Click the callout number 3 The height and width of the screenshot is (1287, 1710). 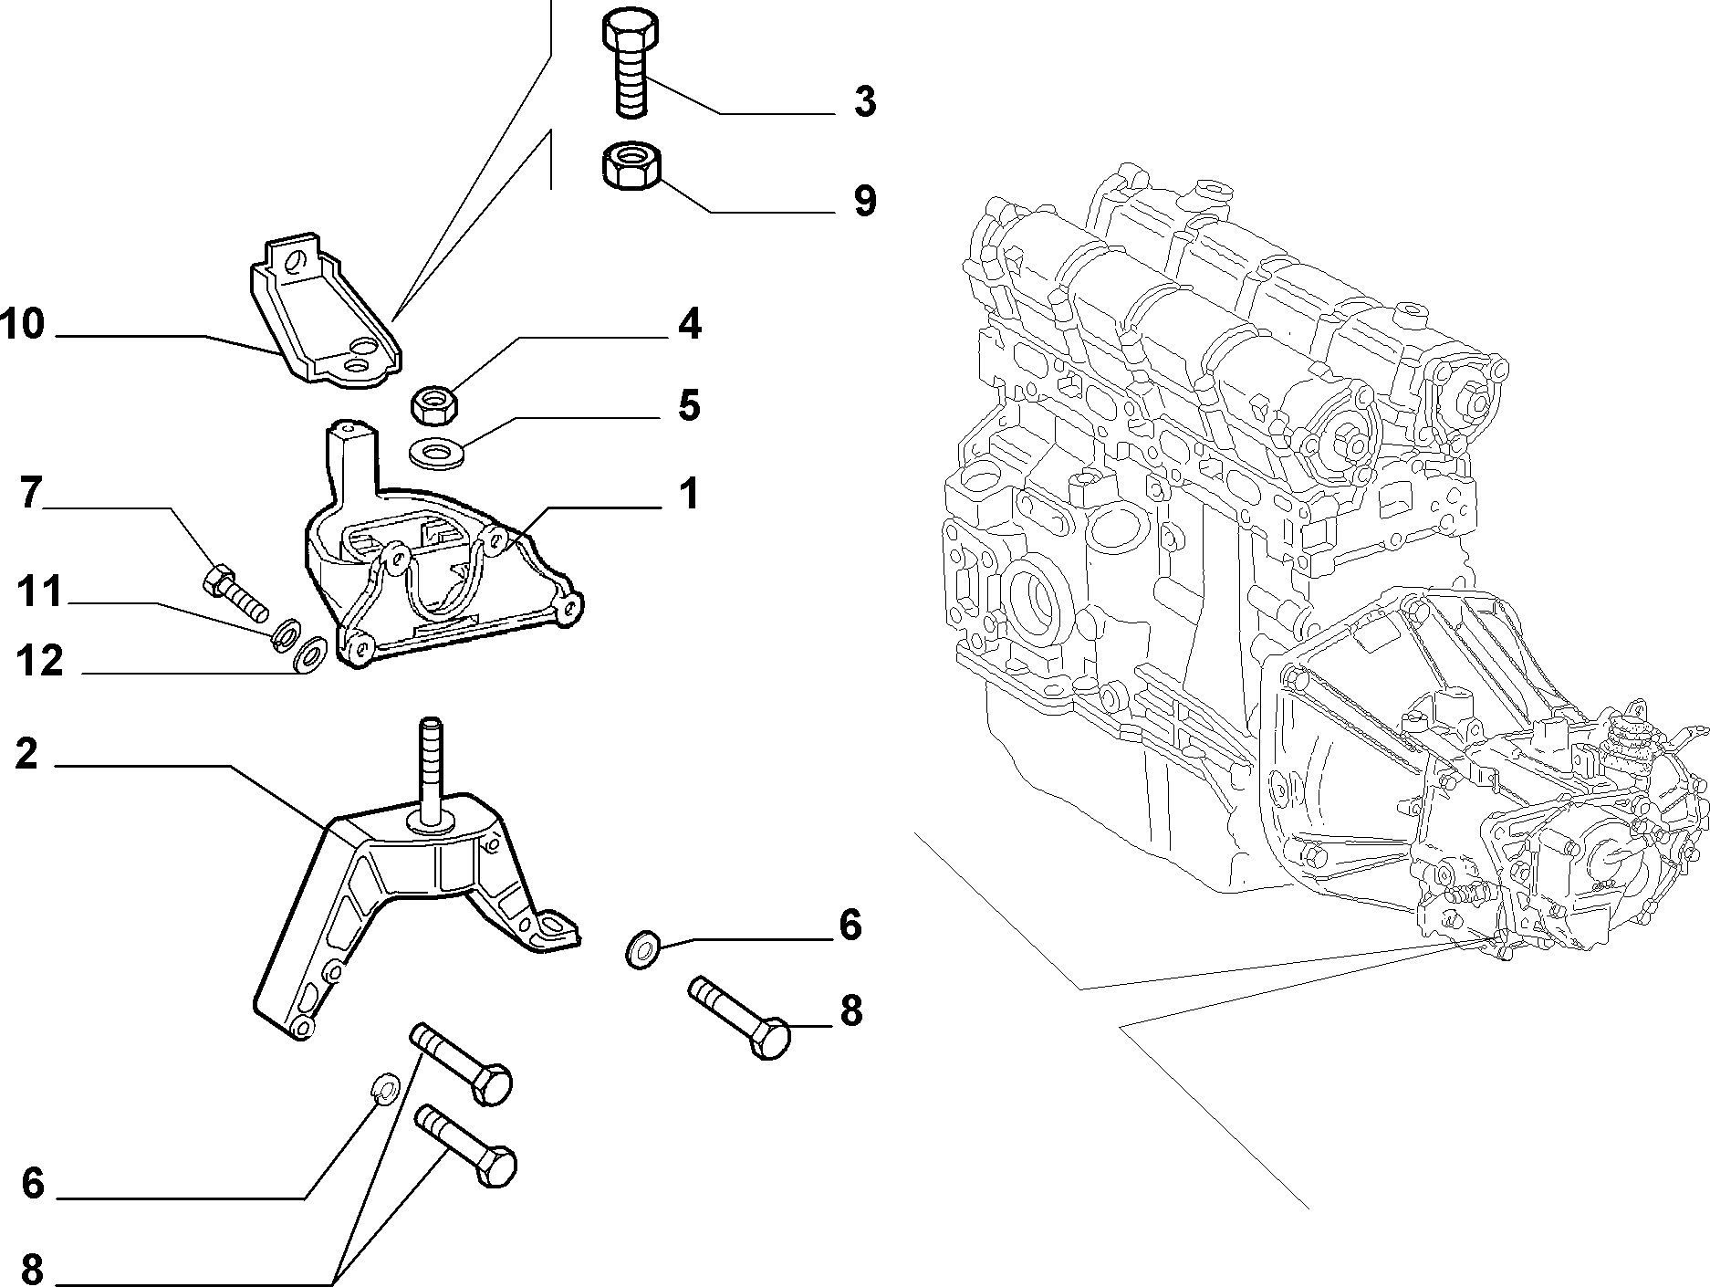[865, 102]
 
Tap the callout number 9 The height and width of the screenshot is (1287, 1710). [865, 201]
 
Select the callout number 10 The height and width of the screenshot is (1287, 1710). [23, 324]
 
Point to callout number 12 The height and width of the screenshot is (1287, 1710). [41, 660]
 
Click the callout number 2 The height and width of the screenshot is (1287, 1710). [26, 754]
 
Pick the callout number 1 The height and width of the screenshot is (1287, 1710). [688, 494]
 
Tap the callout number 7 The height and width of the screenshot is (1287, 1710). [30, 494]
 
